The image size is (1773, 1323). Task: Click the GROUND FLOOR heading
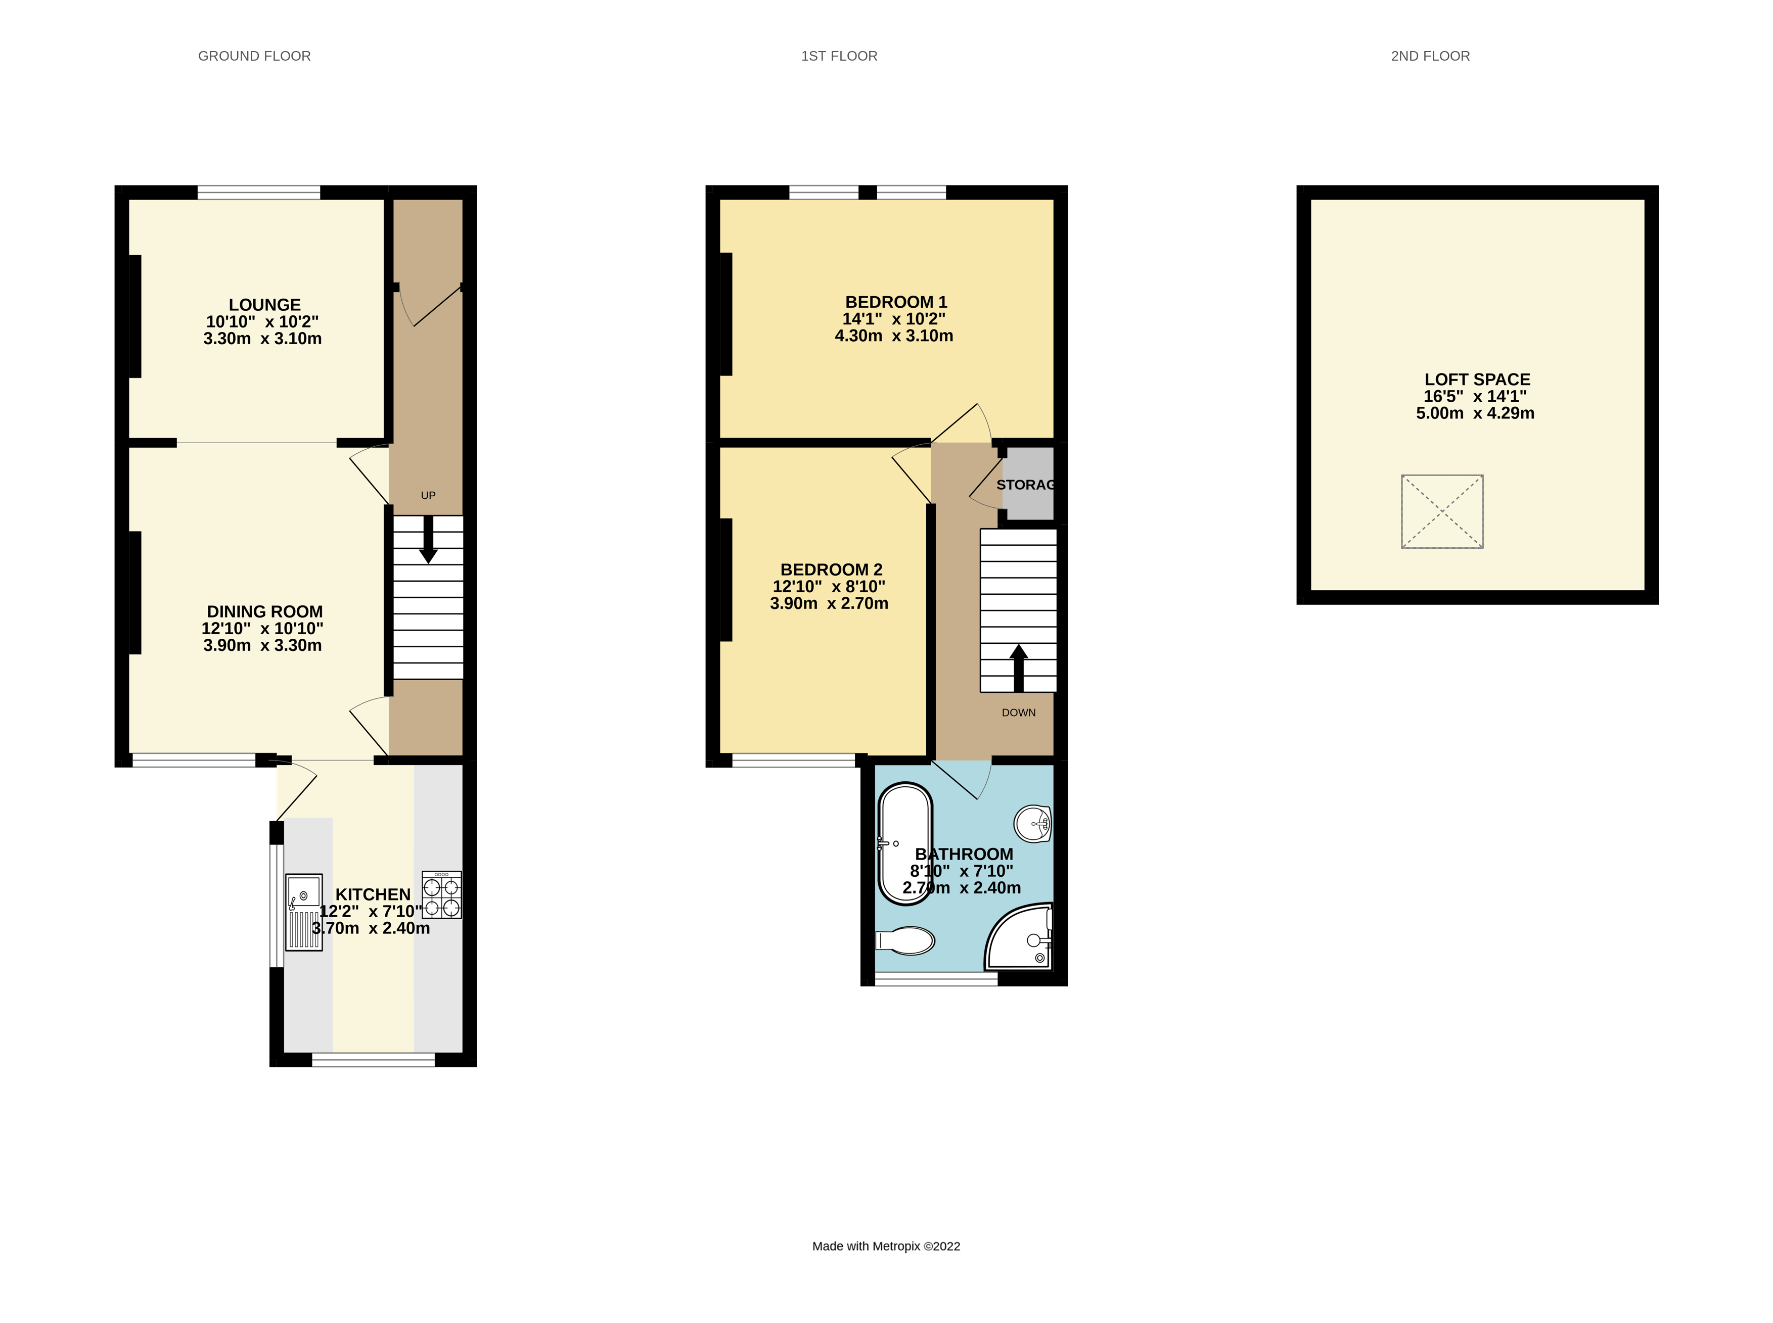pos(254,56)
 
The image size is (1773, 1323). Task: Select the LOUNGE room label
pos(264,305)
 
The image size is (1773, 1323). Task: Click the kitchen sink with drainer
pos(304,911)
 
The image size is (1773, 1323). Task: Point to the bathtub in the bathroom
pos(905,843)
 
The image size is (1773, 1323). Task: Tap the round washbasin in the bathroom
pos(1033,823)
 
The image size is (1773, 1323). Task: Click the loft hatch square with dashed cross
pos(1441,511)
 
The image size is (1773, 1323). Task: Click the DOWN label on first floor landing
pos(1018,713)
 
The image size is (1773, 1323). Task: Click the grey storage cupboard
pos(1028,484)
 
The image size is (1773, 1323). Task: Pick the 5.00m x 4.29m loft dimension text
pos(1475,413)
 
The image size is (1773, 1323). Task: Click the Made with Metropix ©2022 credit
pos(886,1246)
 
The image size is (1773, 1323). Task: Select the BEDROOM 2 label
pos(831,570)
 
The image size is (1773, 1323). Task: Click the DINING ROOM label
pos(264,612)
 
